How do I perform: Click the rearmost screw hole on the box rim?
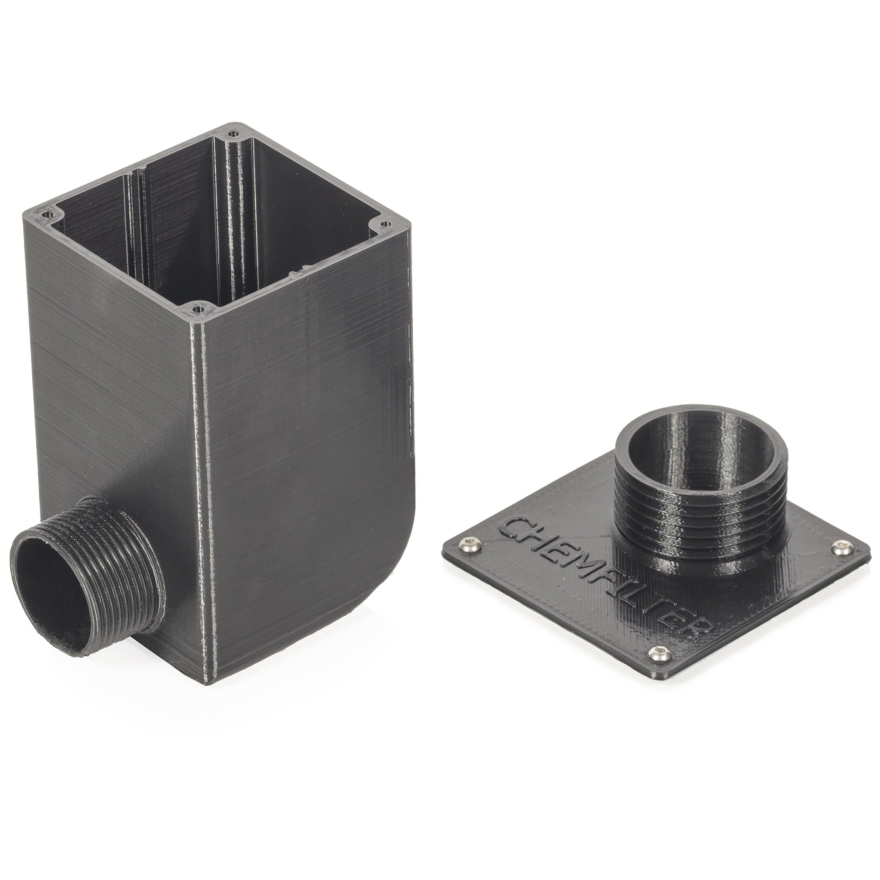click(234, 135)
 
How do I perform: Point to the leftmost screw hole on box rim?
click(45, 214)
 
